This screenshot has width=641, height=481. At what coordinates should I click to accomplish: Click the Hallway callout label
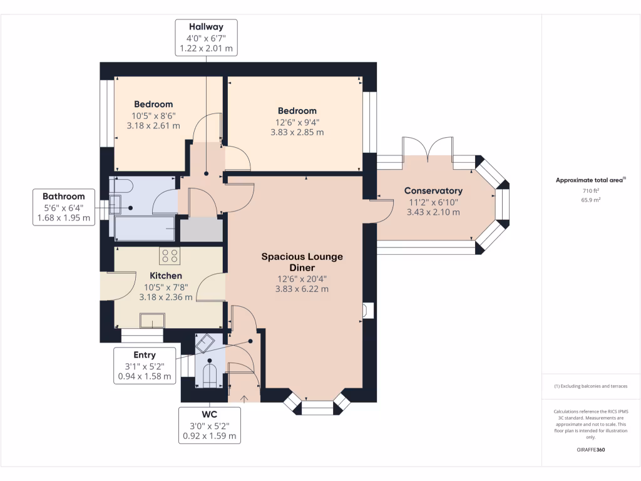(207, 38)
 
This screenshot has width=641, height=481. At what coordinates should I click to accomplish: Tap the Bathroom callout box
(64, 207)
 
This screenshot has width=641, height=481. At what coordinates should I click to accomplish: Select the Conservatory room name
(433, 190)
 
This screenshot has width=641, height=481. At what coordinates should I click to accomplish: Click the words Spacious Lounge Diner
(302, 262)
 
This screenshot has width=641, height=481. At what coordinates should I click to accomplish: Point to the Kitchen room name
(165, 276)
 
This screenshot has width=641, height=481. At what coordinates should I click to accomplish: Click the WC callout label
(209, 425)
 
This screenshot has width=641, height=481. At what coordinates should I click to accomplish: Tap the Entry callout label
(145, 366)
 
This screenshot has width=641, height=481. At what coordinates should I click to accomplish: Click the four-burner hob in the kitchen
(170, 256)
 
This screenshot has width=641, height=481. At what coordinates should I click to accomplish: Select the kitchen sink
(153, 320)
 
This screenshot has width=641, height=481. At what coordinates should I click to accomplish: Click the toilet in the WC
(209, 375)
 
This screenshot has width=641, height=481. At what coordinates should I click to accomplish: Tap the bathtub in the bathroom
(146, 229)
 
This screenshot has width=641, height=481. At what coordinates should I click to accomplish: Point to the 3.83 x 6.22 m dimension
(302, 289)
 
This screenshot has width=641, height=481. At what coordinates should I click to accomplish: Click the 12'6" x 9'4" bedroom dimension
(297, 122)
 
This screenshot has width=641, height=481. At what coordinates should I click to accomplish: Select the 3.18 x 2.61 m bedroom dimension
(153, 125)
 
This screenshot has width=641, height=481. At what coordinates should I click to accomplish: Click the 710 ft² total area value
(591, 190)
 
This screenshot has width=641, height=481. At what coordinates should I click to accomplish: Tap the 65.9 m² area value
(591, 200)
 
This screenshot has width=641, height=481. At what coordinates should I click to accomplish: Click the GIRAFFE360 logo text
(591, 450)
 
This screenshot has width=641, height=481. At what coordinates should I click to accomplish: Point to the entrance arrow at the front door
(244, 399)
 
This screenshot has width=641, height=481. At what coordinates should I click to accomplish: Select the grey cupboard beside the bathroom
(202, 230)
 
